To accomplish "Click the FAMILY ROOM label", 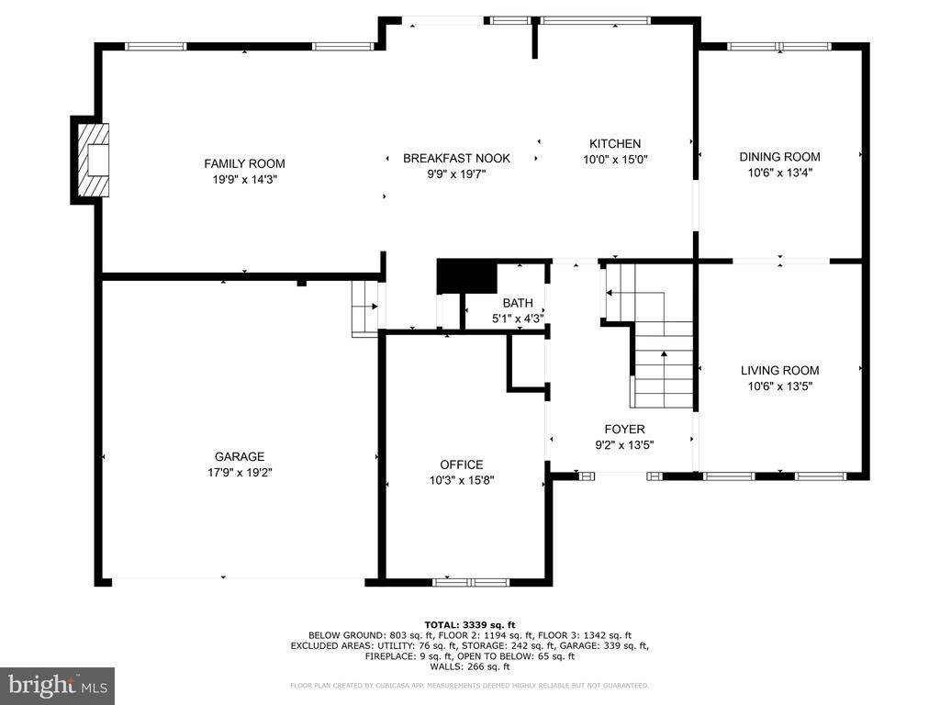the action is pyautogui.click(x=244, y=163).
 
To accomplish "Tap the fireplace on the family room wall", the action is pyautogui.click(x=94, y=160).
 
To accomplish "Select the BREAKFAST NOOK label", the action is pyautogui.click(x=456, y=158).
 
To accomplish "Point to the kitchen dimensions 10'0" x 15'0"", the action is pyautogui.click(x=615, y=160).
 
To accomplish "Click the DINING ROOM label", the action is pyautogui.click(x=779, y=157).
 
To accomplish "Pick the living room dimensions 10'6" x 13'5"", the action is pyautogui.click(x=779, y=386).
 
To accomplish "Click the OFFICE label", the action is pyautogui.click(x=462, y=464).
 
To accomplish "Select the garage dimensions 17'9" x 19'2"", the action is pyautogui.click(x=240, y=473).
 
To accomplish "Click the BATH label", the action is pyautogui.click(x=518, y=303).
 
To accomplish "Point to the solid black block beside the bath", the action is pyautogui.click(x=467, y=276).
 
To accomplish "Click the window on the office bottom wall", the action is pyautogui.click(x=471, y=582).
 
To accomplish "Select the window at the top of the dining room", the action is pyautogui.click(x=779, y=46).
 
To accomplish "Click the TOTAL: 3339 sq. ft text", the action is pyautogui.click(x=469, y=625).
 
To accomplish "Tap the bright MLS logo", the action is pyautogui.click(x=58, y=684).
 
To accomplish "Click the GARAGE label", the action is pyautogui.click(x=240, y=457).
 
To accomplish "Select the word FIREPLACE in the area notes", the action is pyautogui.click(x=389, y=656).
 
